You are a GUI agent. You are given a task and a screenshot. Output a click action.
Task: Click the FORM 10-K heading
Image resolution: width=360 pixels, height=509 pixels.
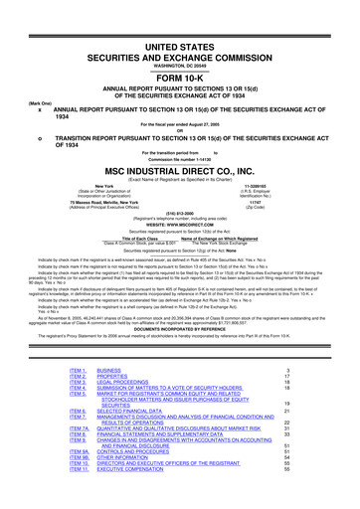[x=179, y=52]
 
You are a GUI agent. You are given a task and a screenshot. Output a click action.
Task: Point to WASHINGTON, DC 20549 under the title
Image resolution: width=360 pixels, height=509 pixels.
[x=179, y=39]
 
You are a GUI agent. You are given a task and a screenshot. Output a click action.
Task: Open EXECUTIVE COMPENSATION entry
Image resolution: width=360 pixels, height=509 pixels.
[x=141, y=494]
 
